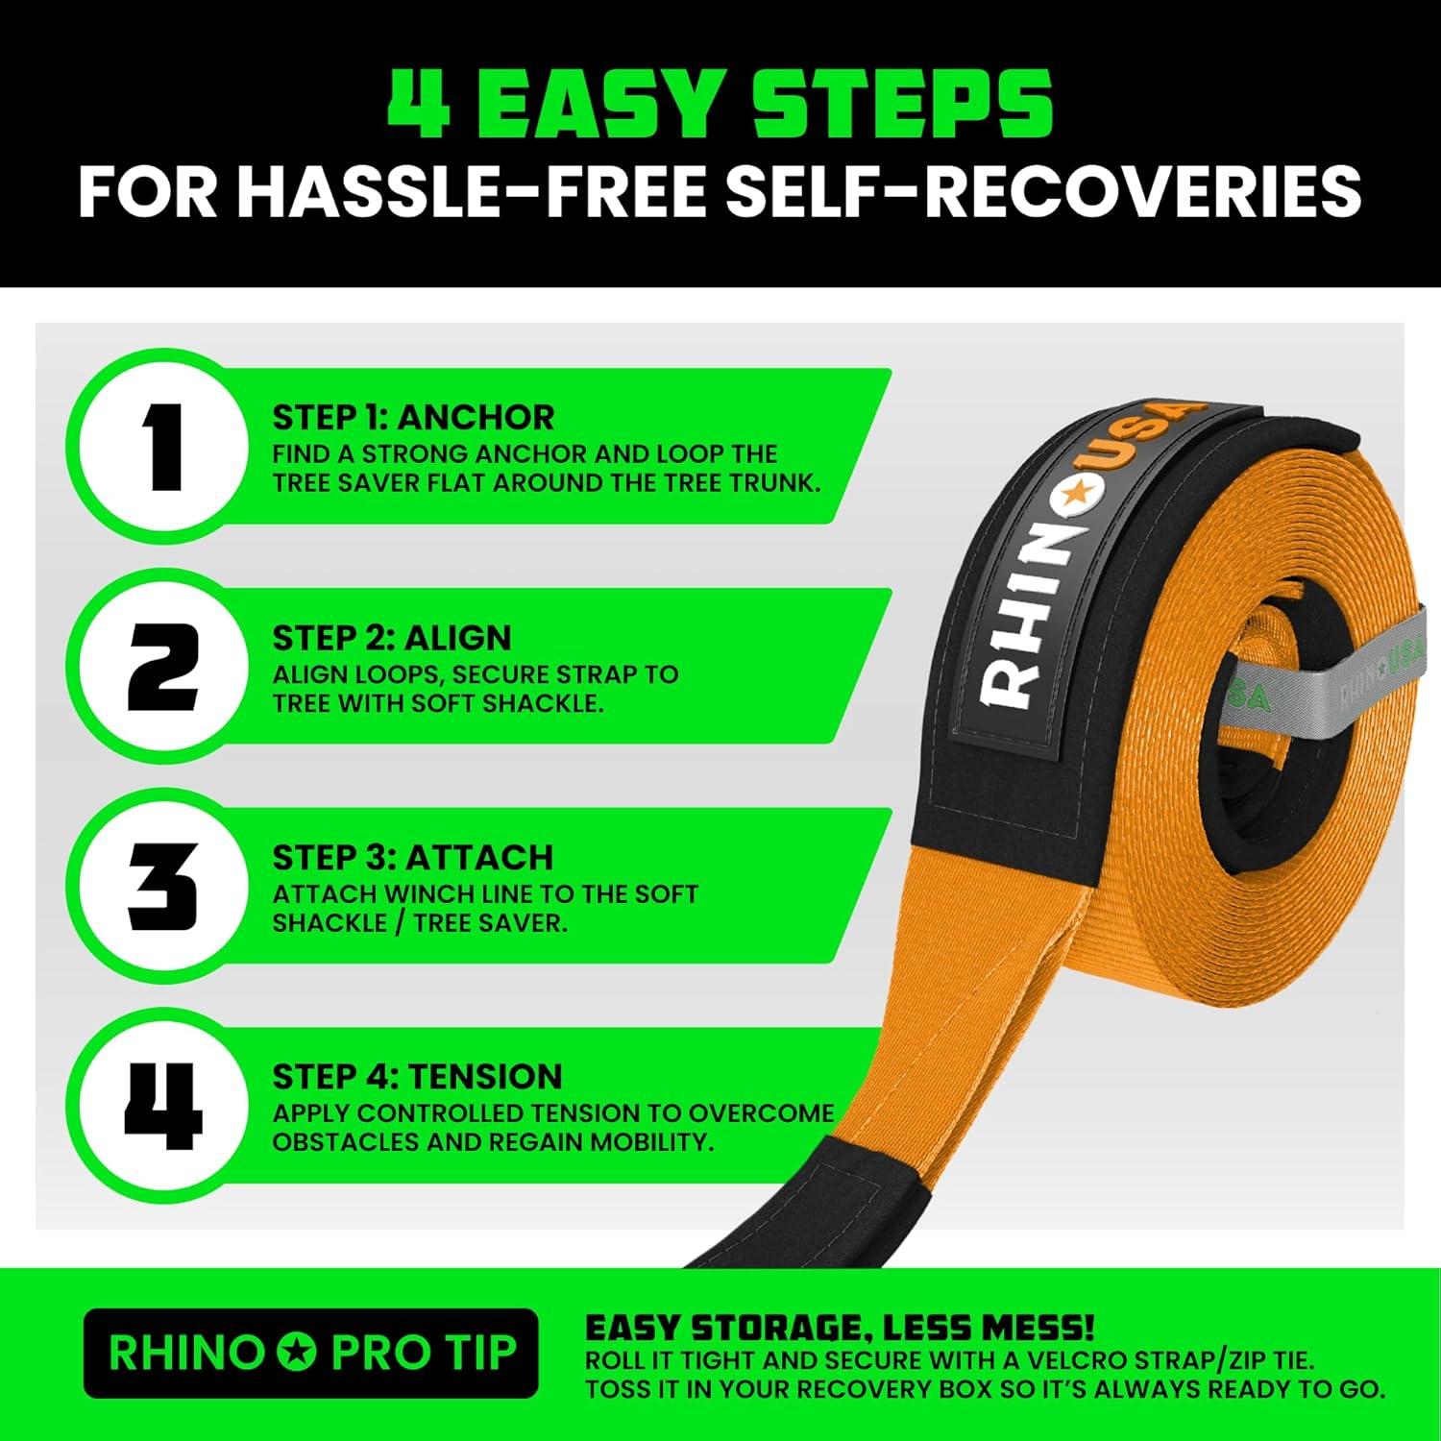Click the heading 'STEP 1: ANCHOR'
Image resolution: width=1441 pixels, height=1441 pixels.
[413, 418]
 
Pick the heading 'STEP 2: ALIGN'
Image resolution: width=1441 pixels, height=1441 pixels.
[392, 638]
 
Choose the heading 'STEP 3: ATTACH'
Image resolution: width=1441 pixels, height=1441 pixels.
[413, 857]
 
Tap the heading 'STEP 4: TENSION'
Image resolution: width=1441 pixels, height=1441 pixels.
[417, 1076]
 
